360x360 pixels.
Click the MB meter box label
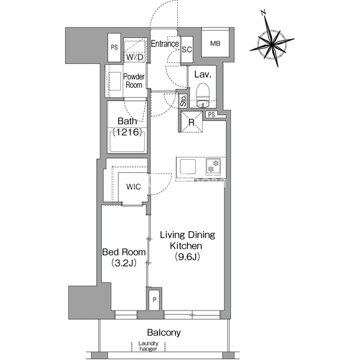pyautogui.click(x=215, y=43)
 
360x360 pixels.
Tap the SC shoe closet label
pyautogui.click(x=187, y=49)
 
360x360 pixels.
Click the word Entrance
pyautogui.click(x=165, y=44)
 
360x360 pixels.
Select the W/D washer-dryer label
pyautogui.click(x=134, y=57)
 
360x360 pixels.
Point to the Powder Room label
pyautogui.click(x=134, y=80)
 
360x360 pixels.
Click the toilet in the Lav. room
pyautogui.click(x=202, y=95)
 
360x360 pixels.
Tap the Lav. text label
pyautogui.click(x=202, y=74)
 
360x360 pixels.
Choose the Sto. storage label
pyautogui.click(x=183, y=101)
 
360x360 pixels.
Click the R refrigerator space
pyautogui.click(x=191, y=122)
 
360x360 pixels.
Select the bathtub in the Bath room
pyautogui.click(x=127, y=141)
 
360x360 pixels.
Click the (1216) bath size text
pyautogui.click(x=127, y=132)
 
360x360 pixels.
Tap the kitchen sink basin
pyautogui.click(x=188, y=166)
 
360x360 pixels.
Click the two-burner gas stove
pyautogui.click(x=213, y=166)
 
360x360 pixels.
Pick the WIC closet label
pyautogui.click(x=133, y=187)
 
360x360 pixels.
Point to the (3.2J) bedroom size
pyautogui.click(x=124, y=263)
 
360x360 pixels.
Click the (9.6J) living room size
pyautogui.click(x=187, y=256)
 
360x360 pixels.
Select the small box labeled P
pyautogui.click(x=154, y=300)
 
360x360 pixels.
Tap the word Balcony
pyautogui.click(x=164, y=332)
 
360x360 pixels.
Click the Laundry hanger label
pyautogui.click(x=148, y=346)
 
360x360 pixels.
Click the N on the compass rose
pyautogui.click(x=264, y=12)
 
